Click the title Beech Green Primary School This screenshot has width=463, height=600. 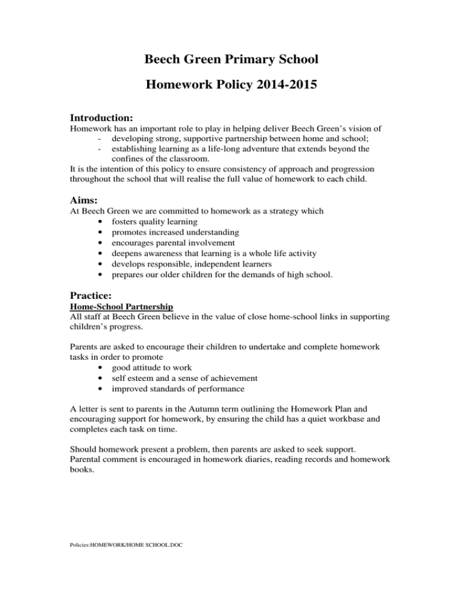pos(231,60)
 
